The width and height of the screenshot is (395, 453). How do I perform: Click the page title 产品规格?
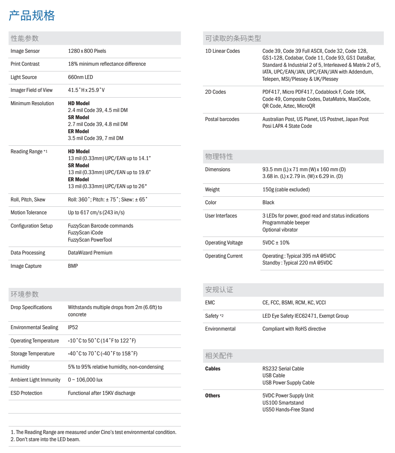pos(32,15)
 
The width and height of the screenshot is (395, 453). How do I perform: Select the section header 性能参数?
pos(24,38)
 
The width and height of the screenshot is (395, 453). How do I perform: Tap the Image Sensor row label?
pos(25,51)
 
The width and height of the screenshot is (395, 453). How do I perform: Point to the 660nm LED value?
pos(80,77)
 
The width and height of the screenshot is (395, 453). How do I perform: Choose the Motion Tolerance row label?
pos(29,213)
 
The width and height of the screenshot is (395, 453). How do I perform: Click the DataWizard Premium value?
pos(90,253)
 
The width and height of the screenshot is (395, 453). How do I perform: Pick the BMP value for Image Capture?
pos(73,266)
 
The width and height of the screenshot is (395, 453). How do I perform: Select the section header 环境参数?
pos(24,294)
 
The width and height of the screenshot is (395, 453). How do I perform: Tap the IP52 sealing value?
pos(73,327)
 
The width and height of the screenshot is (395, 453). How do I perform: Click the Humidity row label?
pos(20,367)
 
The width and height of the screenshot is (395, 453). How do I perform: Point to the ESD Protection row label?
pos(27,393)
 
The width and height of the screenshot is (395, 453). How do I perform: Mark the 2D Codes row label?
pos(215,92)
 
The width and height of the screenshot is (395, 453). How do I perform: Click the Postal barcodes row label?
pos(222,119)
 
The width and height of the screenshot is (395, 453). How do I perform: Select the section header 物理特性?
pos(219,157)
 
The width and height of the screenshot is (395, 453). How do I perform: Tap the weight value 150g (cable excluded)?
pos(286,190)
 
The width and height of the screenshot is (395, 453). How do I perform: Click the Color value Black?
pos(268,202)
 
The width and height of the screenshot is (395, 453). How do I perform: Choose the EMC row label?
pos(210,303)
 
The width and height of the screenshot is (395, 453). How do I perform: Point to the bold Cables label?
pos(213,369)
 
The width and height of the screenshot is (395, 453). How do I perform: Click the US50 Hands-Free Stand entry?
pos(288,410)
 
